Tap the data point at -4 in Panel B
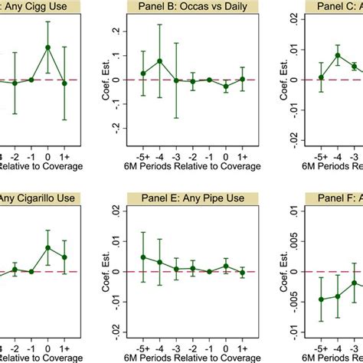159,61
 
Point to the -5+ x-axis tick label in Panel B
143,152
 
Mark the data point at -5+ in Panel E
143,257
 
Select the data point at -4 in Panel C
338,55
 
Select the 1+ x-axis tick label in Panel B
242,152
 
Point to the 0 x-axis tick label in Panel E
226,344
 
